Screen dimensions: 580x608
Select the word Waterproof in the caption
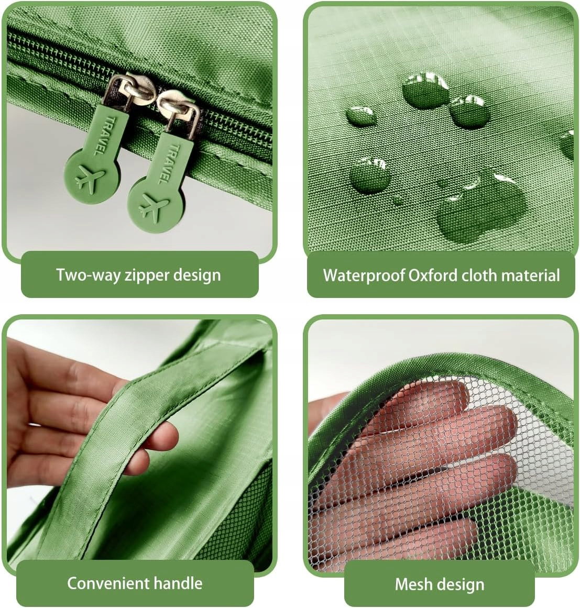coord(364,275)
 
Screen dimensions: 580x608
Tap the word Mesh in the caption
coord(413,584)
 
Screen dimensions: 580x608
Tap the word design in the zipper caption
coord(197,275)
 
